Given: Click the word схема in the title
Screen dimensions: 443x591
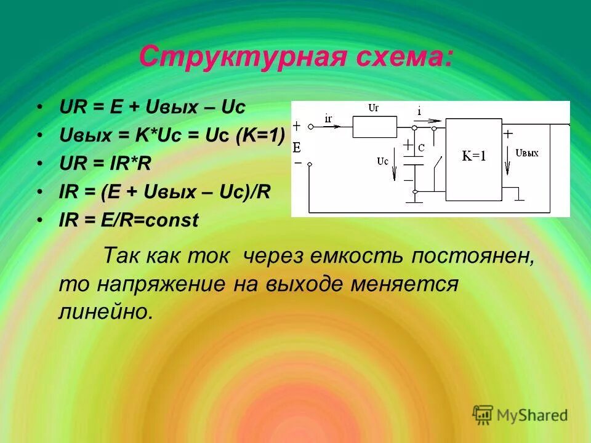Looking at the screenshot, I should tap(393, 58).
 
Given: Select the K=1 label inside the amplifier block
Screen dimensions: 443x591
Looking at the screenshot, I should tap(474, 156).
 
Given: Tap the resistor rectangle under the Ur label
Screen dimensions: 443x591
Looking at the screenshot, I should tap(374, 127).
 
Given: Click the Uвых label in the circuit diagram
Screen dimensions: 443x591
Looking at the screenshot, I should tap(527, 153).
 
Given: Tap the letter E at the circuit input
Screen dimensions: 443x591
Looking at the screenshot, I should tap(296, 148).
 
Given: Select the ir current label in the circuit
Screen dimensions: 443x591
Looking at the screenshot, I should tap(328, 116).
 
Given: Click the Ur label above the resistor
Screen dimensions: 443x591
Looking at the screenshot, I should tap(373, 108).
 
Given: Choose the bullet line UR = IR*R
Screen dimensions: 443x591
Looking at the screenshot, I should tap(105, 164).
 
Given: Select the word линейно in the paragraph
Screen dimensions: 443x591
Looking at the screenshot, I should tap(105, 311).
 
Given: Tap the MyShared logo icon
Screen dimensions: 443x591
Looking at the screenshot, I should tap(483, 414).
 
